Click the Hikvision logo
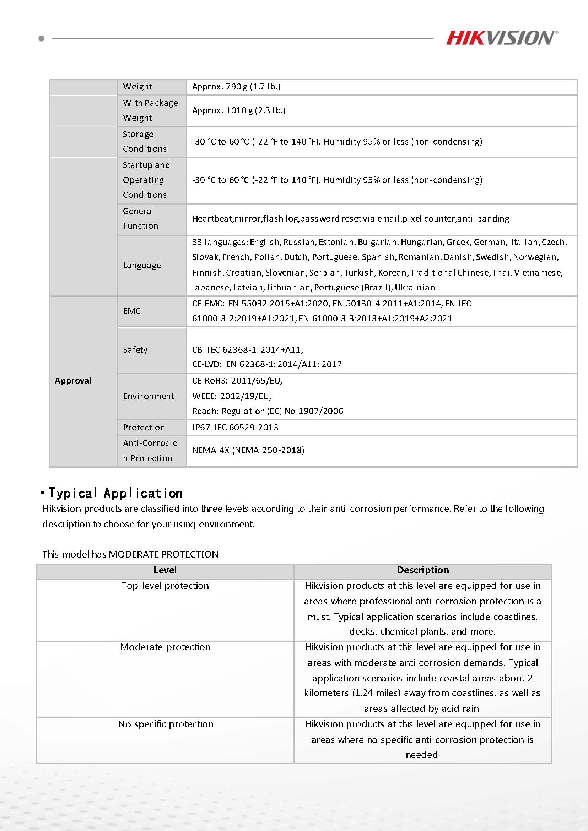[x=501, y=38]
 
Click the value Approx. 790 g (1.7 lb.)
[x=236, y=87]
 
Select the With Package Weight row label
[x=150, y=110]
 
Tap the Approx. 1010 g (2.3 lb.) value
[x=239, y=110]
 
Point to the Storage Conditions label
[x=145, y=141]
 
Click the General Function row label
[x=140, y=219]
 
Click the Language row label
[x=141, y=265]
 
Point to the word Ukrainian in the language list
[x=415, y=288]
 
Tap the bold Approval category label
[x=73, y=381]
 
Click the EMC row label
[x=132, y=311]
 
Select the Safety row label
[x=135, y=350]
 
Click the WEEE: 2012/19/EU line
[x=231, y=396]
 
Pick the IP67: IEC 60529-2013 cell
[x=235, y=428]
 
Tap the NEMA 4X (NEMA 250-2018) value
[x=248, y=450]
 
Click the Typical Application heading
[x=115, y=493]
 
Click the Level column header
[x=165, y=570]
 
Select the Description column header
[x=422, y=570]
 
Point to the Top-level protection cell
[x=165, y=586]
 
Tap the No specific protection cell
[x=166, y=724]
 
